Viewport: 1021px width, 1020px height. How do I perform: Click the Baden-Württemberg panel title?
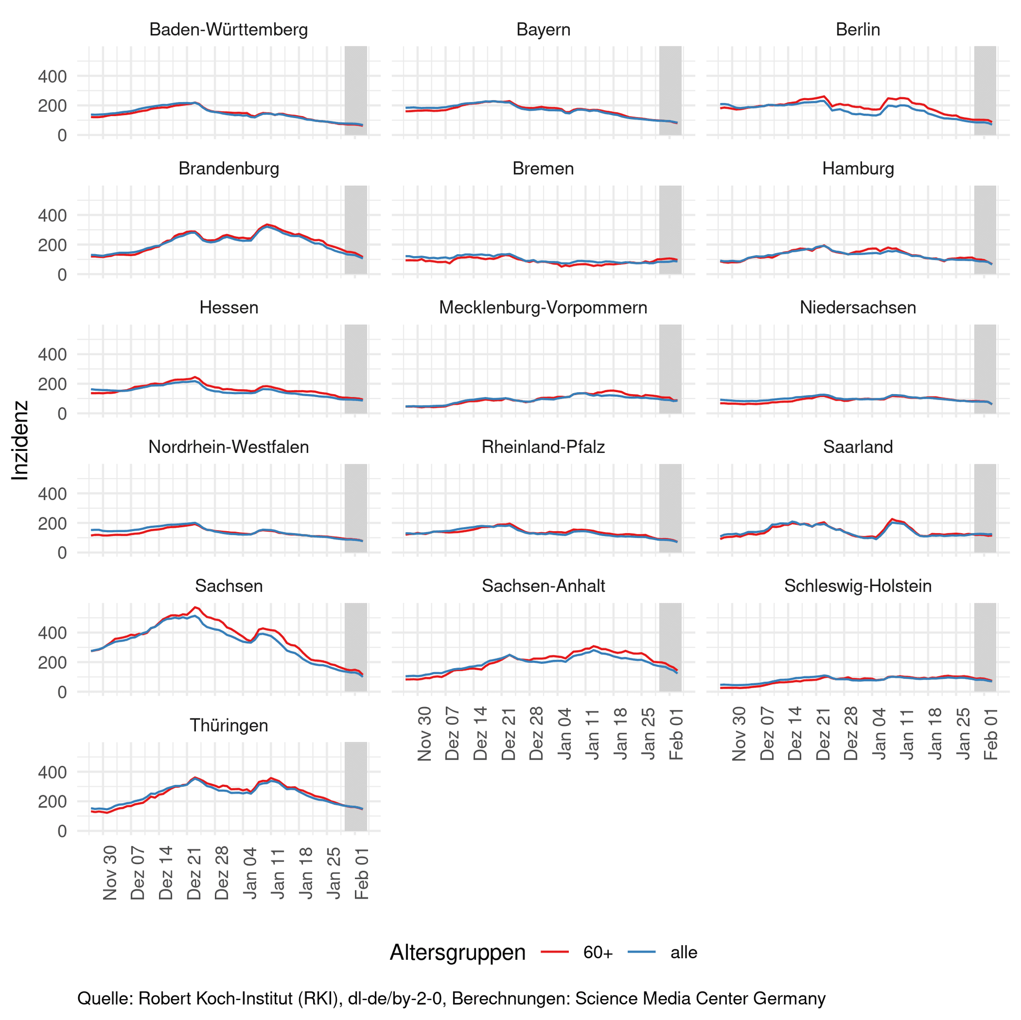pyautogui.click(x=228, y=29)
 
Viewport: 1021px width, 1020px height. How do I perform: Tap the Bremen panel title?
pyautogui.click(x=543, y=168)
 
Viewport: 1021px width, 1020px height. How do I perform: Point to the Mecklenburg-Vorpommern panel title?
pyautogui.click(x=543, y=307)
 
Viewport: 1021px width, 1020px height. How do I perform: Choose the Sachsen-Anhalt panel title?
pyautogui.click(x=543, y=586)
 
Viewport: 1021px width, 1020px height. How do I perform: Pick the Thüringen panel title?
pyautogui.click(x=228, y=725)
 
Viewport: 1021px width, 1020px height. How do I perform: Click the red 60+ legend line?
pyautogui.click(x=554, y=952)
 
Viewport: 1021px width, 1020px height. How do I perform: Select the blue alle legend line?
pyautogui.click(x=642, y=952)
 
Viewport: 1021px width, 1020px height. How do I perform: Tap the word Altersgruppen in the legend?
pyautogui.click(x=457, y=952)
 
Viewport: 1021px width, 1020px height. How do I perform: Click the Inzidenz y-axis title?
pyautogui.click(x=20, y=440)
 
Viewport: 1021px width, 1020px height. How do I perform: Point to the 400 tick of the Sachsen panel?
pyautogui.click(x=52, y=633)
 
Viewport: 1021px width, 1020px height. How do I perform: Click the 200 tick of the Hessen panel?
pyautogui.click(x=52, y=384)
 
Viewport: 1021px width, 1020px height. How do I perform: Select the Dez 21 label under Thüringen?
pyautogui.click(x=194, y=873)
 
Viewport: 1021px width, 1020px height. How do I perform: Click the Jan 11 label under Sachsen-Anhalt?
pyautogui.click(x=593, y=734)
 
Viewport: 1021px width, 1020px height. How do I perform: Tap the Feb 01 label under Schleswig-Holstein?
pyautogui.click(x=991, y=734)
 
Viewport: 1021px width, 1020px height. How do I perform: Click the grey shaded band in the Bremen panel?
pyautogui.click(x=670, y=230)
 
